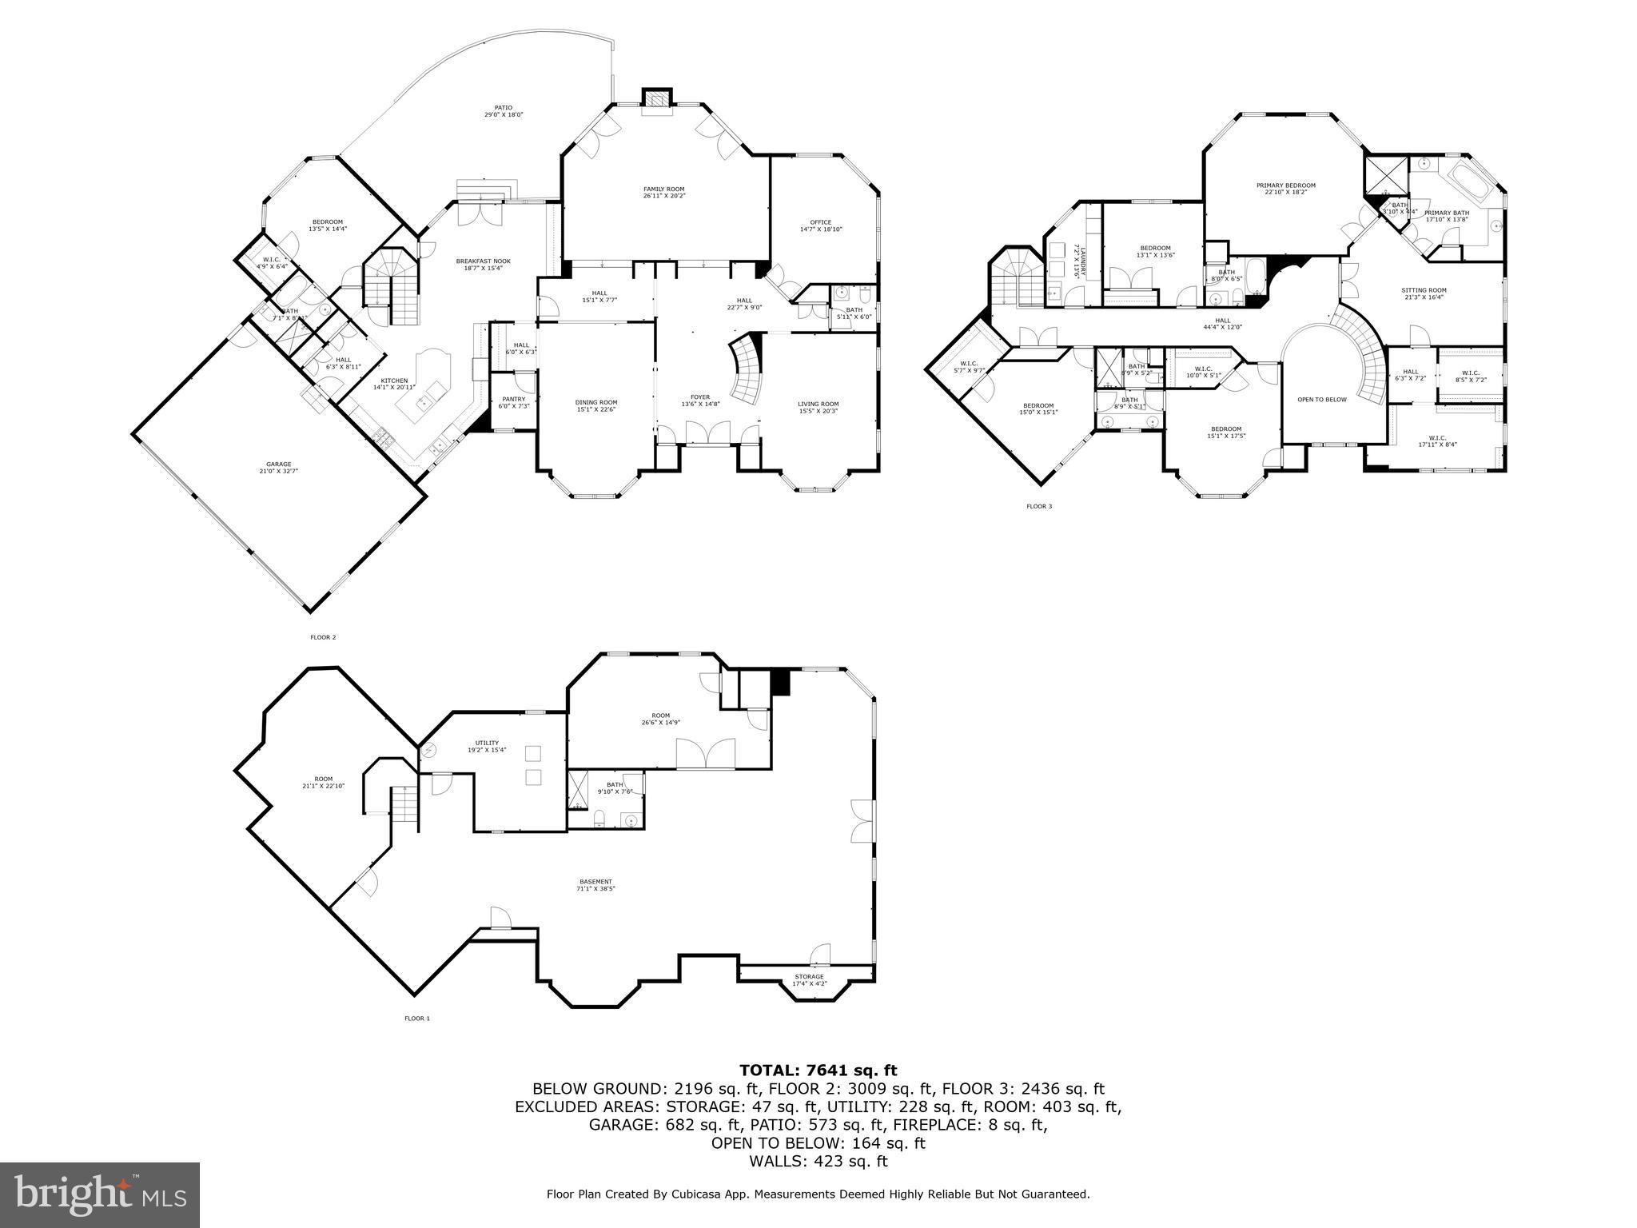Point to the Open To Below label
pyautogui.click(x=1321, y=400)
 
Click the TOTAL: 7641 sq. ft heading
pyautogui.click(x=818, y=1071)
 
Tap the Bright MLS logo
pyautogui.click(x=100, y=1195)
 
